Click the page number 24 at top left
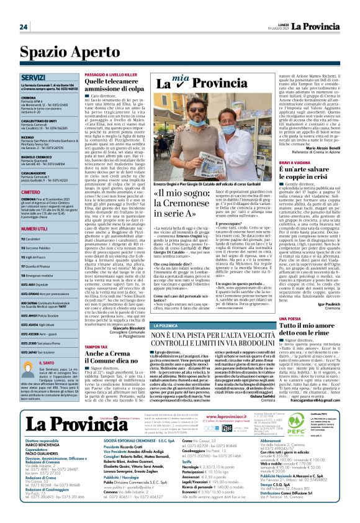[24, 27]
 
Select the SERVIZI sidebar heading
[32, 78]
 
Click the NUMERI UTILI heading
[35, 230]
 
